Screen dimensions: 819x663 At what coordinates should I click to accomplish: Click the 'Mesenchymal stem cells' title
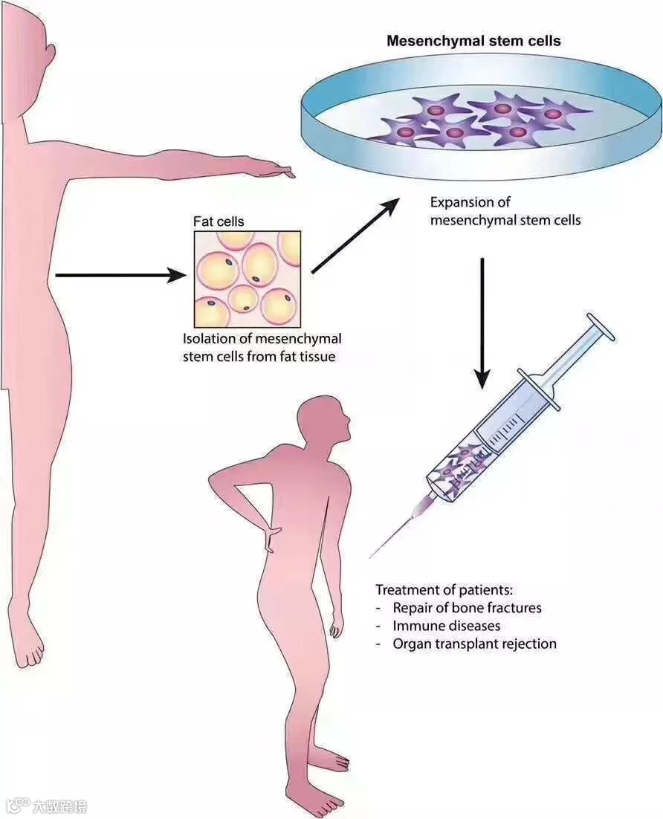point(473,41)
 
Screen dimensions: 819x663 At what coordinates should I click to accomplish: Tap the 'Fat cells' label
point(219,221)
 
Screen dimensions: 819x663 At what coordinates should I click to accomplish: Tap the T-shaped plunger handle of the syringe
point(601,326)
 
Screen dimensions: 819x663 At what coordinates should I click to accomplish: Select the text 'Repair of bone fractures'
point(467,608)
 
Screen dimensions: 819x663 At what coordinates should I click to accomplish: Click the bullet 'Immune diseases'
point(446,626)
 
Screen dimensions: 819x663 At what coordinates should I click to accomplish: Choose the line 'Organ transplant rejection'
point(474,644)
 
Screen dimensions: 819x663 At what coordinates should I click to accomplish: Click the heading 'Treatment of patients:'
point(444,590)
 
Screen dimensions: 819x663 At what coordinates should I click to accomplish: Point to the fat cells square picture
point(248,279)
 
